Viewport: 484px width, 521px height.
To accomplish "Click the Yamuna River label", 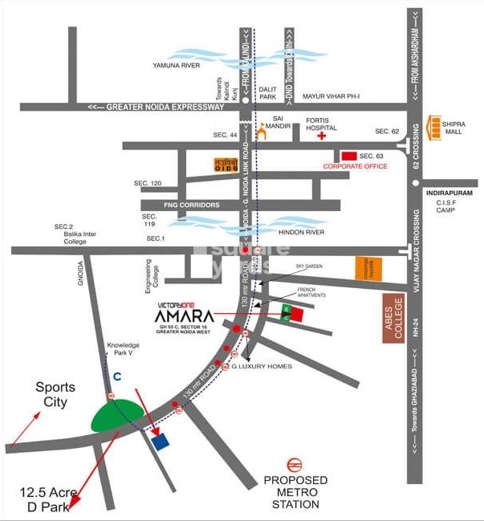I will coord(176,66).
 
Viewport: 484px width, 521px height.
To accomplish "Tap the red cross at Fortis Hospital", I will coord(323,137).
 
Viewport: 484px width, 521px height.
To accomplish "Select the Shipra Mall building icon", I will coord(435,127).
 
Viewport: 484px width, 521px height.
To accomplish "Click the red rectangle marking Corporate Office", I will coord(348,156).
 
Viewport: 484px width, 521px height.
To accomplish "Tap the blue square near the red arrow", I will coord(161,442).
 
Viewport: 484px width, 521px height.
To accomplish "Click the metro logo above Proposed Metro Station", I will coord(295,464).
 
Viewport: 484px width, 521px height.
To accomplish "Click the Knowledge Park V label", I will coord(123,349).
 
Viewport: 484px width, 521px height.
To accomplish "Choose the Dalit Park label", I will coord(267,92).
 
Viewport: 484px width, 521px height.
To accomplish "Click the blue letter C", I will coord(116,376).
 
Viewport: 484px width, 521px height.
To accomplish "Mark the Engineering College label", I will coord(147,271).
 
